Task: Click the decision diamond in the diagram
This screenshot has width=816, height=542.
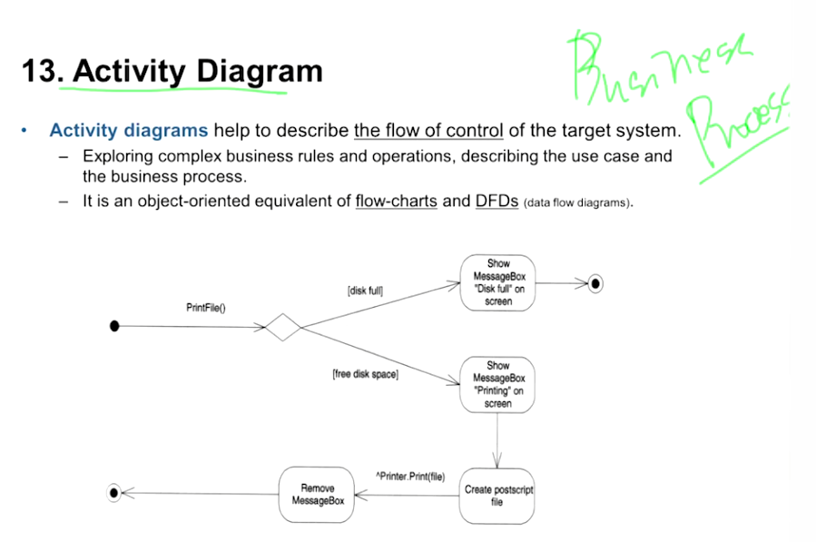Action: [x=283, y=327]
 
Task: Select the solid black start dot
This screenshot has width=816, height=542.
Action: [x=114, y=327]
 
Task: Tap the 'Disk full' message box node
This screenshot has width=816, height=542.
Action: [x=497, y=283]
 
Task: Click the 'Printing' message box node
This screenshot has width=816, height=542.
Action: [x=497, y=385]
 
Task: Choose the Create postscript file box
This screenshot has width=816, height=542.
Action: [x=497, y=495]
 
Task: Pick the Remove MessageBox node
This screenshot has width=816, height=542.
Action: [x=317, y=495]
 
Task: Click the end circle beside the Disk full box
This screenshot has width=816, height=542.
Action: [x=595, y=284]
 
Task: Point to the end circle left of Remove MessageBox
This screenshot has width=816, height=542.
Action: [x=114, y=494]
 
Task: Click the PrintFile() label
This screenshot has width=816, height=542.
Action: [x=206, y=308]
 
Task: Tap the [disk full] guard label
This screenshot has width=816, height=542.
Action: [x=365, y=291]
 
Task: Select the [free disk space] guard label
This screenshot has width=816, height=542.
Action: [x=365, y=374]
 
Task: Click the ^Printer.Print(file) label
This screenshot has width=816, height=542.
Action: [x=410, y=476]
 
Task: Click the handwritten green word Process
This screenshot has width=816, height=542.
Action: [x=735, y=127]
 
